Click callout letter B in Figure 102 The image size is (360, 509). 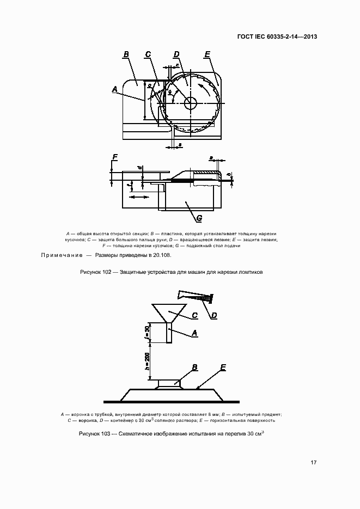(126, 54)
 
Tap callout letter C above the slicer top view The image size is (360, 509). (148, 54)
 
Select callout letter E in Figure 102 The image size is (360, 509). (208, 54)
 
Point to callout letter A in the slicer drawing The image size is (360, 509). (115, 89)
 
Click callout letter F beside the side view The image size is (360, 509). (115, 158)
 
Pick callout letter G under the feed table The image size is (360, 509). (199, 218)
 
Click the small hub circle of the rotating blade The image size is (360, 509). (191, 102)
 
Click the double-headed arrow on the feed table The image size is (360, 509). (141, 195)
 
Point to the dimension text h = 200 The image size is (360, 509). (148, 361)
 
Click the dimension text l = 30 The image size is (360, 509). (148, 332)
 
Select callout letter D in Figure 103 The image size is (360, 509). (214, 315)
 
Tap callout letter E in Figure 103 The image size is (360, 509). (223, 369)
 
